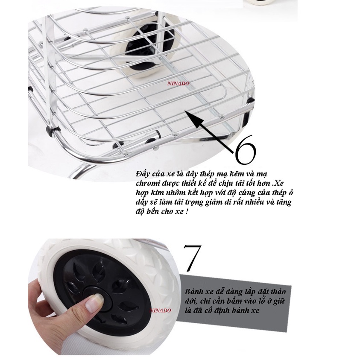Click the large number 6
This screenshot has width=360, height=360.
pyautogui.click(x=245, y=150)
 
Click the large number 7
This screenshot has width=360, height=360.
pyautogui.click(x=193, y=258)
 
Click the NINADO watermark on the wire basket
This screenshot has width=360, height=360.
pyautogui.click(x=179, y=84)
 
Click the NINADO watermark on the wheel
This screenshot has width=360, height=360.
pyautogui.click(x=161, y=310)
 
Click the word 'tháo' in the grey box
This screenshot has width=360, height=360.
pyautogui.click(x=278, y=292)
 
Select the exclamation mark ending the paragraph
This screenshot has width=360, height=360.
pyautogui.click(x=187, y=211)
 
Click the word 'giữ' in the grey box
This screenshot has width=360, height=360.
pyautogui.click(x=279, y=301)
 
